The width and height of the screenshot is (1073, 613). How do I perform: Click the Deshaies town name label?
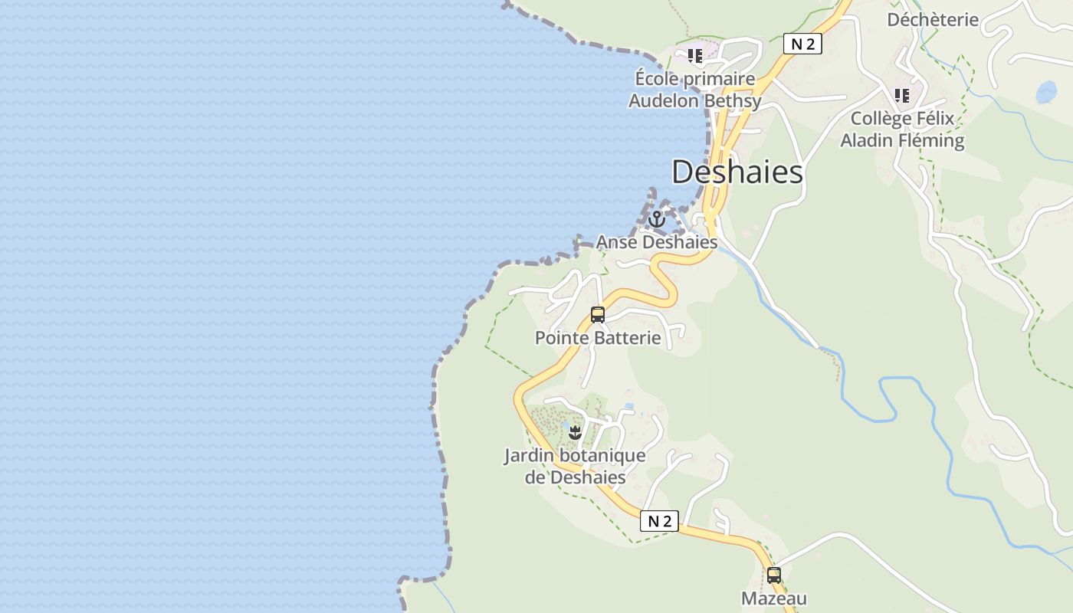[737, 172]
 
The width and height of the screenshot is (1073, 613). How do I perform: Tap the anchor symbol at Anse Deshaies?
[656, 220]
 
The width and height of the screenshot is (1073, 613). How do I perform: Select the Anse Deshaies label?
[657, 242]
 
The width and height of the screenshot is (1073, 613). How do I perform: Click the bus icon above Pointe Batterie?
[598, 314]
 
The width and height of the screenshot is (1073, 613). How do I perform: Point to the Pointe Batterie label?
[598, 338]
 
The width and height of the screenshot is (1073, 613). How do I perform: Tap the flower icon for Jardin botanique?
[576, 433]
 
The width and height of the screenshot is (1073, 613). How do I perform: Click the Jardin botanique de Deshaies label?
[575, 466]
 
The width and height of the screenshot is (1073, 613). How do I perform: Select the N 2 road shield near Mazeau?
[659, 522]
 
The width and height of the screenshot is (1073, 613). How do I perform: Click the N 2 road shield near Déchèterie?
[802, 44]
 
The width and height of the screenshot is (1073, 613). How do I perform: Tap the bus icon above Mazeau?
[774, 575]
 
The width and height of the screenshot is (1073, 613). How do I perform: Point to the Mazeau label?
[774, 598]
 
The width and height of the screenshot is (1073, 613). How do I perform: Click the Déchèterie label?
[933, 20]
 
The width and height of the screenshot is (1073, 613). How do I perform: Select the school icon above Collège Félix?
[902, 96]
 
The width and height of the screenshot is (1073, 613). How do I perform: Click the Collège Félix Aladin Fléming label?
[902, 129]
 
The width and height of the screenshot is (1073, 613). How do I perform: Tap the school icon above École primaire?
[695, 56]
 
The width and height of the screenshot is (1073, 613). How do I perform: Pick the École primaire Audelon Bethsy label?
[695, 90]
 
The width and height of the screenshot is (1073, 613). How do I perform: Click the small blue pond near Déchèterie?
[1046, 93]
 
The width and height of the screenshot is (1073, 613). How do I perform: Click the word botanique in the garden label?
[603, 456]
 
